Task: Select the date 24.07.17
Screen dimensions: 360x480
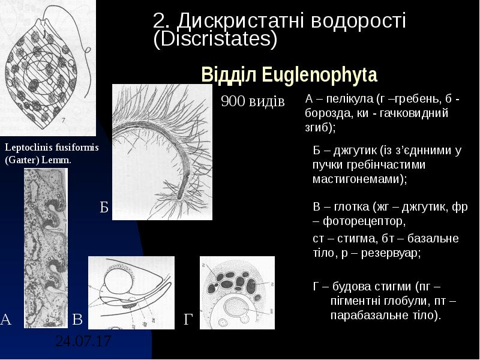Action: (83, 341)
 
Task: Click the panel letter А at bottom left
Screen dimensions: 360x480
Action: (6, 319)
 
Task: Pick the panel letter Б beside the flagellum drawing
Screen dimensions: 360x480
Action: (104, 208)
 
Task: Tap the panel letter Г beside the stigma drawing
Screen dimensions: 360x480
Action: (189, 320)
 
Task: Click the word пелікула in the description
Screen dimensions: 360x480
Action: (346, 99)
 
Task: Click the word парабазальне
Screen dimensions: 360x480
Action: (365, 314)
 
